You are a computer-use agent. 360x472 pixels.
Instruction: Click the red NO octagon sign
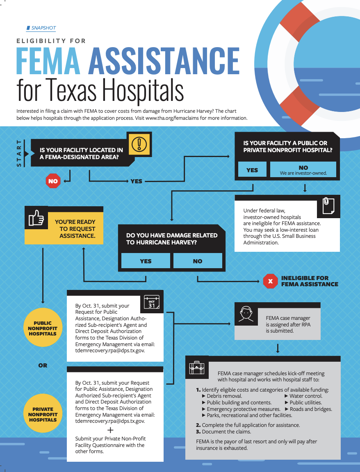[53, 181]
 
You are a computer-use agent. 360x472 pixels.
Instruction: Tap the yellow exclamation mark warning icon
[139, 144]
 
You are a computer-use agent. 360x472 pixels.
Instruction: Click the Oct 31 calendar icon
[152, 303]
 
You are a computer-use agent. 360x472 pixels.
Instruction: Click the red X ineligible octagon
[270, 281]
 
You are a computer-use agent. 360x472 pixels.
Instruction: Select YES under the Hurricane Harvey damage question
[146, 261]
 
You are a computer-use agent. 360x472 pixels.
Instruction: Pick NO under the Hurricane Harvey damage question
[198, 261]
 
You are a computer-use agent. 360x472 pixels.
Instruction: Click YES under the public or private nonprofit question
[252, 170]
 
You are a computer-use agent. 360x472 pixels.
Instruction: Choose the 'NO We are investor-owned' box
[303, 170]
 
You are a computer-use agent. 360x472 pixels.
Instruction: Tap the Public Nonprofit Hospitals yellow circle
[43, 328]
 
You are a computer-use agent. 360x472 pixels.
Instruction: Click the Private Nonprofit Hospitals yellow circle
[43, 415]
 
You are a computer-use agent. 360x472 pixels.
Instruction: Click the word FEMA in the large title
[48, 61]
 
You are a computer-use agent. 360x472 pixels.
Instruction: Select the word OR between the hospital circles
[43, 365]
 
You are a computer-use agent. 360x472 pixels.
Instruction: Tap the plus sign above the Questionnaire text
[110, 430]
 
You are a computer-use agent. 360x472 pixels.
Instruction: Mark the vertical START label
[19, 153]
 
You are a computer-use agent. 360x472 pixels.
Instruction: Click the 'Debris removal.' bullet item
[224, 396]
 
